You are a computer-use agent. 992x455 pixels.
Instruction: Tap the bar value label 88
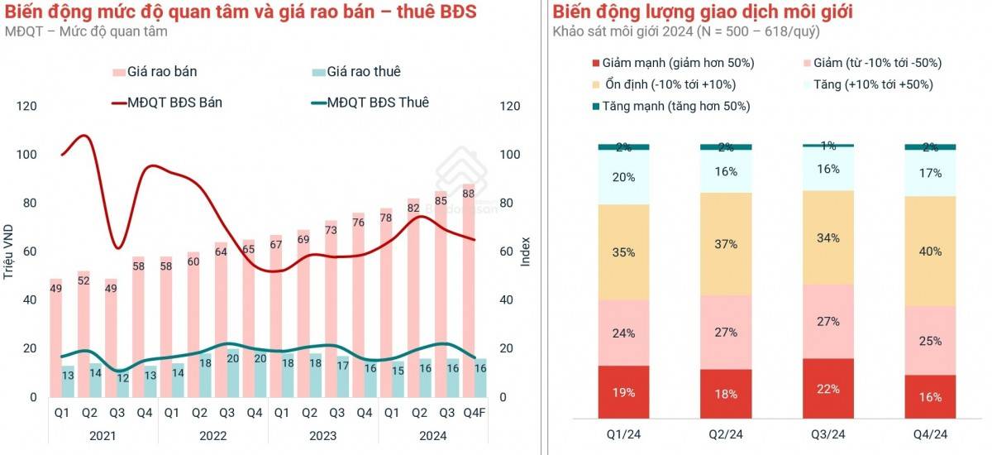point(468,194)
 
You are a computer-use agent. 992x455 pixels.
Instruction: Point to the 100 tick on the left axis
point(27,155)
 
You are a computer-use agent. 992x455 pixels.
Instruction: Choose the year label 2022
point(212,434)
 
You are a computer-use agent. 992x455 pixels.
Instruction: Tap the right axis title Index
point(525,251)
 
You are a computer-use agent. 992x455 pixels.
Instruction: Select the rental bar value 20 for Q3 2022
point(233,359)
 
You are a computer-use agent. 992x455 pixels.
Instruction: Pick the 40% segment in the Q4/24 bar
point(930,251)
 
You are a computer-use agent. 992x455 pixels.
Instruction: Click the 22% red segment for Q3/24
point(829,389)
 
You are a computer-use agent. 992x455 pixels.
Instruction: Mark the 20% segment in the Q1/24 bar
point(623,177)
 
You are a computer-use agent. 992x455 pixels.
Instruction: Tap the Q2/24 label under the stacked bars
point(726,434)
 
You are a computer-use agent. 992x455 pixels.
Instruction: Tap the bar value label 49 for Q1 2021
point(56,289)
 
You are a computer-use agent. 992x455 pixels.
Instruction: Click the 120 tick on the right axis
point(511,106)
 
